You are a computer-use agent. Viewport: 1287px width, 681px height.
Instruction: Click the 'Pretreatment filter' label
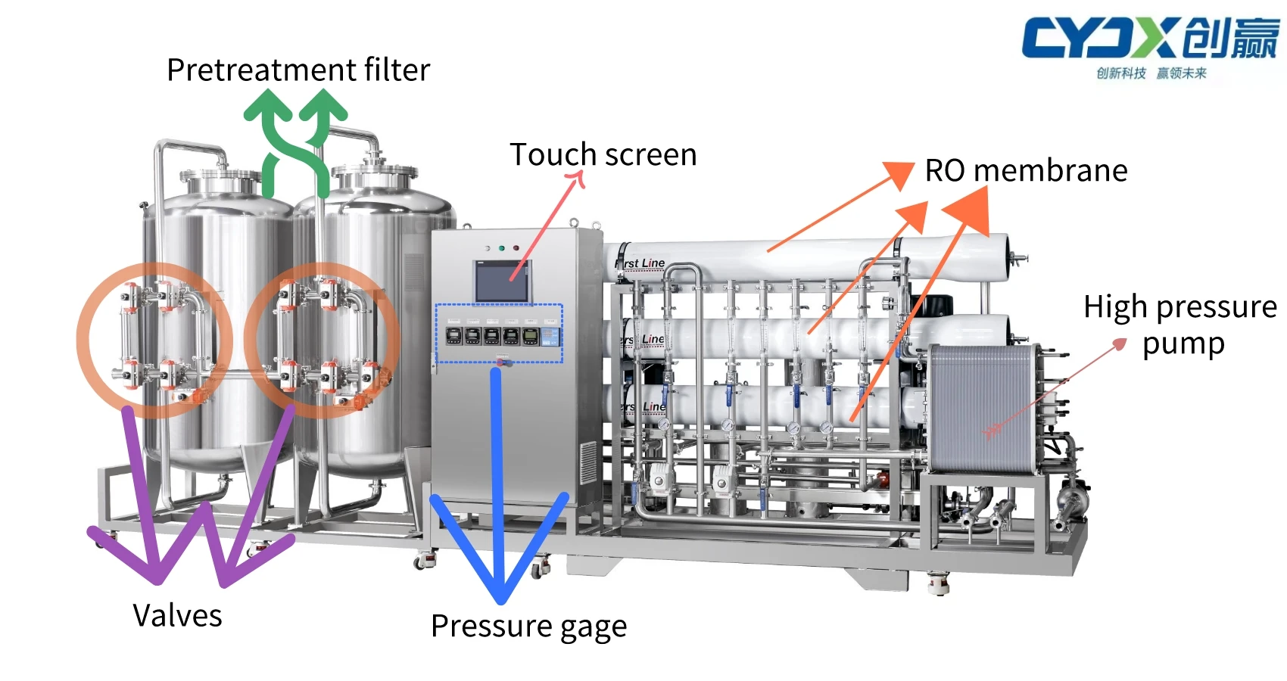tap(298, 70)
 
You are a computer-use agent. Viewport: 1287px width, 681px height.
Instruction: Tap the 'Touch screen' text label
tap(603, 155)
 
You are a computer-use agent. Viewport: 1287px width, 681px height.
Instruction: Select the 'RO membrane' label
tap(1026, 171)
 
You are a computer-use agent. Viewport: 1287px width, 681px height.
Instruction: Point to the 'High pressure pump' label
tap(1179, 324)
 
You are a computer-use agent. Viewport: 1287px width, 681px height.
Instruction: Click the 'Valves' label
tap(177, 615)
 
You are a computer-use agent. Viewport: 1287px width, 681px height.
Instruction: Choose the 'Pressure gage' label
tap(528, 627)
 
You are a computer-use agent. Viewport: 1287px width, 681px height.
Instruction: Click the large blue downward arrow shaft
tap(497, 469)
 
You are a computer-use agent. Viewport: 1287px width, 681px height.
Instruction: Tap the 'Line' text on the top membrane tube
tap(653, 263)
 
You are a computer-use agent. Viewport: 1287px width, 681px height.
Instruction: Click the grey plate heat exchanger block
tap(980, 409)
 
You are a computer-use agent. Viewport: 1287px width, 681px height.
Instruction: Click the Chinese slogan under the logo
tap(1151, 73)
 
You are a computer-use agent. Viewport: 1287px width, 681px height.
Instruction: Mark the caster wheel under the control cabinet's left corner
tap(423, 561)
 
